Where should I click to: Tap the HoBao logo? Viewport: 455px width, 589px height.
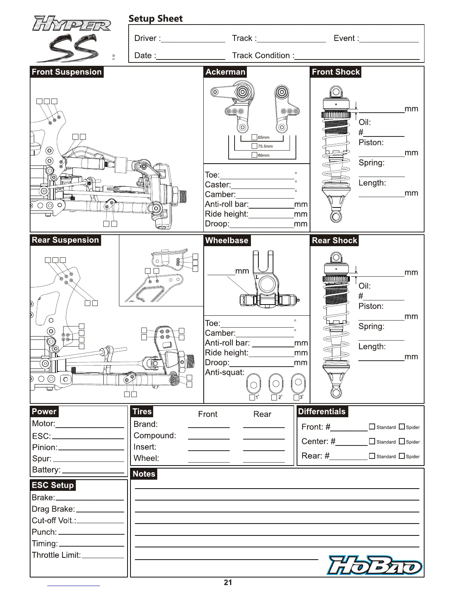375,566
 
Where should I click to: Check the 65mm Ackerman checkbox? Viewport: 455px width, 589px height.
255,138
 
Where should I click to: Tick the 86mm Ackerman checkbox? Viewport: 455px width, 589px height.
255,155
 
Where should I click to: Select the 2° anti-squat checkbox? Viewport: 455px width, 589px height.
274,398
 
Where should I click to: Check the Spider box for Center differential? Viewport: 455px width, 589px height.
401,441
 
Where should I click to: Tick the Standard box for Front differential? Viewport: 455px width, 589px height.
372,427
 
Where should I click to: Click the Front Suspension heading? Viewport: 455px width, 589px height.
67,72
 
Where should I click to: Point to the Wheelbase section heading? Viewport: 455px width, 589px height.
227,241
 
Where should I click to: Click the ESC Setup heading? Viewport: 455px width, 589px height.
53,485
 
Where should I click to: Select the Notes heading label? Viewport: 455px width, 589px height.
144,474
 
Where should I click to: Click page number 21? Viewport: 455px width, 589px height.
228,582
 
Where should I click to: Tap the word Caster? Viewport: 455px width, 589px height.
217,185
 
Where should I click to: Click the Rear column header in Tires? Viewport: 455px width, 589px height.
262,414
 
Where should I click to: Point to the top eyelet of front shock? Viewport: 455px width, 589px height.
336,92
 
